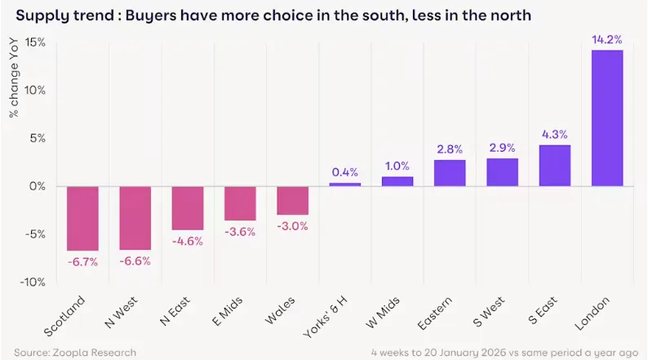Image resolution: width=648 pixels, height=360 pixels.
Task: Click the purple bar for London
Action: click(x=607, y=118)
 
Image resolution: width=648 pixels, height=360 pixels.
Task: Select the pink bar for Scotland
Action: click(x=82, y=218)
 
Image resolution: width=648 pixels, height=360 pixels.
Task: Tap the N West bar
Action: click(x=135, y=217)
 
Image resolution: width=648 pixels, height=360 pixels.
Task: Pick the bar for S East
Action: click(x=555, y=166)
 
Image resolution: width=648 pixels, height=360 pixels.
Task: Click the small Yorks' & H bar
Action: click(x=344, y=184)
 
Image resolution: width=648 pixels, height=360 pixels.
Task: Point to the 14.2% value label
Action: click(x=607, y=38)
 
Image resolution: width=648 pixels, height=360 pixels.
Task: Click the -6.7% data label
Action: click(x=82, y=262)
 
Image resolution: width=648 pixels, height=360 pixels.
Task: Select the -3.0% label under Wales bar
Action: click(x=292, y=226)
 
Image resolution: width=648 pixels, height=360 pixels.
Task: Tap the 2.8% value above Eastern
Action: click(x=450, y=149)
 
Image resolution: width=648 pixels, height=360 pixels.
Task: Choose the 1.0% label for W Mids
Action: click(x=397, y=166)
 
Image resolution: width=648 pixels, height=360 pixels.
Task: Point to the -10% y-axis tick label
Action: click(x=35, y=282)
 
